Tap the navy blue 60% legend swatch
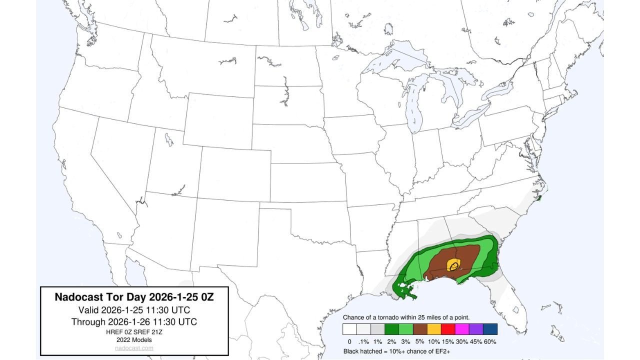[490, 329]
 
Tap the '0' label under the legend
[349, 341]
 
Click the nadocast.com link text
[134, 348]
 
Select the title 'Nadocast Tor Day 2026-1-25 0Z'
[134, 297]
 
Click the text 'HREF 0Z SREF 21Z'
[134, 332]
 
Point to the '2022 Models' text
[134, 340]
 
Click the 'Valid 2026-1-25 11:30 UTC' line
[134, 309]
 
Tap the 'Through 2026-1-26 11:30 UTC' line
[134, 321]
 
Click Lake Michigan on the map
[412, 107]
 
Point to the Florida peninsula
[510, 305]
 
